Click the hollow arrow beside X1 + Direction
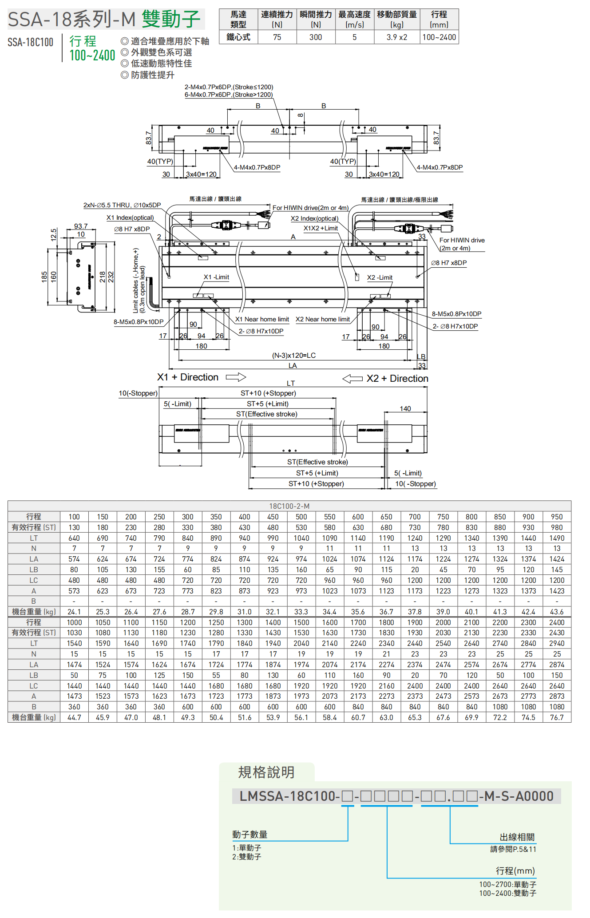236,377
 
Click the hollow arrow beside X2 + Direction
352,379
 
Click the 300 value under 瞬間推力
316,37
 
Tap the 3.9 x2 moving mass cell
396,37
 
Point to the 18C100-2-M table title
289,506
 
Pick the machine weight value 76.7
557,717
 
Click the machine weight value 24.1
74,612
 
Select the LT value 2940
557,643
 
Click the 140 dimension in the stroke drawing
405,408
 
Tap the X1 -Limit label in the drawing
216,277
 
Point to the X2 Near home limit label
323,319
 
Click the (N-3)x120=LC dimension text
293,355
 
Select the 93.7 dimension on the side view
81,226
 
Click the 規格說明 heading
266,772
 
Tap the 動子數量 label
249,835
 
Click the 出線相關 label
517,837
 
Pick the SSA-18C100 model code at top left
30,42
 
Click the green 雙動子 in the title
171,19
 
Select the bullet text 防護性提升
152,75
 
